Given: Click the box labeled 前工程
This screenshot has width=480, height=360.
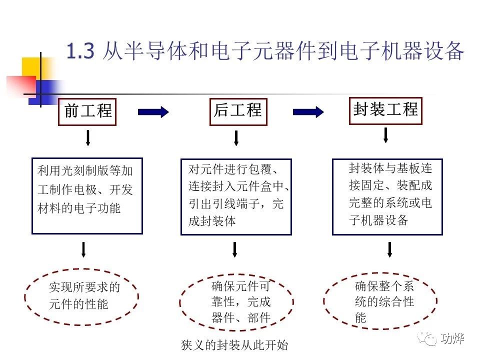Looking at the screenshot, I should (88, 111).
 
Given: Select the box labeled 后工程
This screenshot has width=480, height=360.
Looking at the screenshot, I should (237, 111).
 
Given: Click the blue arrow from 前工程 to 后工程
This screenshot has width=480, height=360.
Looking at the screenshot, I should (153, 112).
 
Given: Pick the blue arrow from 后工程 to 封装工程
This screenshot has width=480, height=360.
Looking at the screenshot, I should (308, 112).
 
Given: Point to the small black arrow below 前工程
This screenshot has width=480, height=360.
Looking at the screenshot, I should (88, 138).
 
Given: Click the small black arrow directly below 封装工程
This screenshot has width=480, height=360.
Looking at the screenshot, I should (385, 135).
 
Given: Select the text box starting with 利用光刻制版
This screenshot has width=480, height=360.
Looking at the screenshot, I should (87, 196).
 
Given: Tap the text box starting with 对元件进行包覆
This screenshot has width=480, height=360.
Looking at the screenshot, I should (236, 196).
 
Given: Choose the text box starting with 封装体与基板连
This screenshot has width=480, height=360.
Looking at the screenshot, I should (387, 196).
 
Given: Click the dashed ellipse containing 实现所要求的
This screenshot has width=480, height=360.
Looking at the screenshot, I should (81, 296).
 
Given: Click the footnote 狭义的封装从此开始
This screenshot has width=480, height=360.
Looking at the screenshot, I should (235, 345).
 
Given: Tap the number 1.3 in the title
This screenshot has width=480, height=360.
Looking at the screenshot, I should (80, 51).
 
